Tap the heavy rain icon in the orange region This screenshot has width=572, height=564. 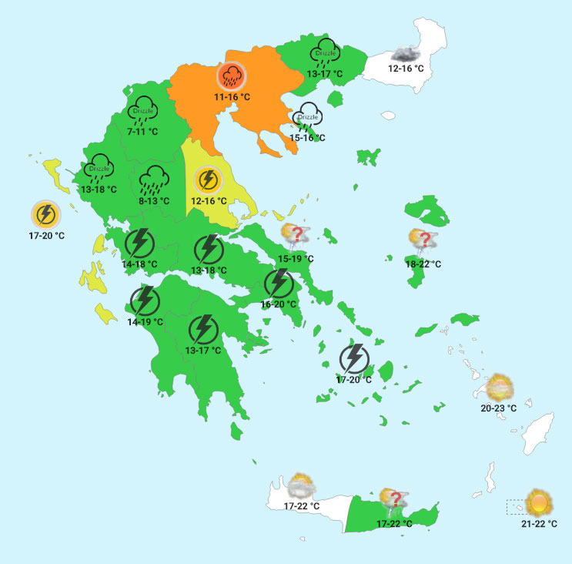pos(232,75)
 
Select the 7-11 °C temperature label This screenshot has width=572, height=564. pos(142,132)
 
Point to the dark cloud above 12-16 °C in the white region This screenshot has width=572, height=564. pos(405,54)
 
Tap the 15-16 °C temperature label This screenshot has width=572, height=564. pos(307,137)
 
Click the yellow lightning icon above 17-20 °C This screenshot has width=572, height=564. pos(45,213)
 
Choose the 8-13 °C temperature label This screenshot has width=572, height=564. pos(155,200)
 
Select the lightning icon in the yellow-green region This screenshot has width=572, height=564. pos(207,180)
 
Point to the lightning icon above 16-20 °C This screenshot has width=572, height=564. pos(278,284)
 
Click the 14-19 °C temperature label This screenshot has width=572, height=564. pos(146,322)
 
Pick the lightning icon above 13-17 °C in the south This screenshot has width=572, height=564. pos(203,329)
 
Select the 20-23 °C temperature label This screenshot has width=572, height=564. pos(499,408)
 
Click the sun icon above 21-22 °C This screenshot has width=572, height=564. pos(538,502)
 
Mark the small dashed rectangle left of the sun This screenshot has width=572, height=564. pos(515,506)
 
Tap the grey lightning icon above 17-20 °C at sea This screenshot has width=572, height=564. pos(354,358)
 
